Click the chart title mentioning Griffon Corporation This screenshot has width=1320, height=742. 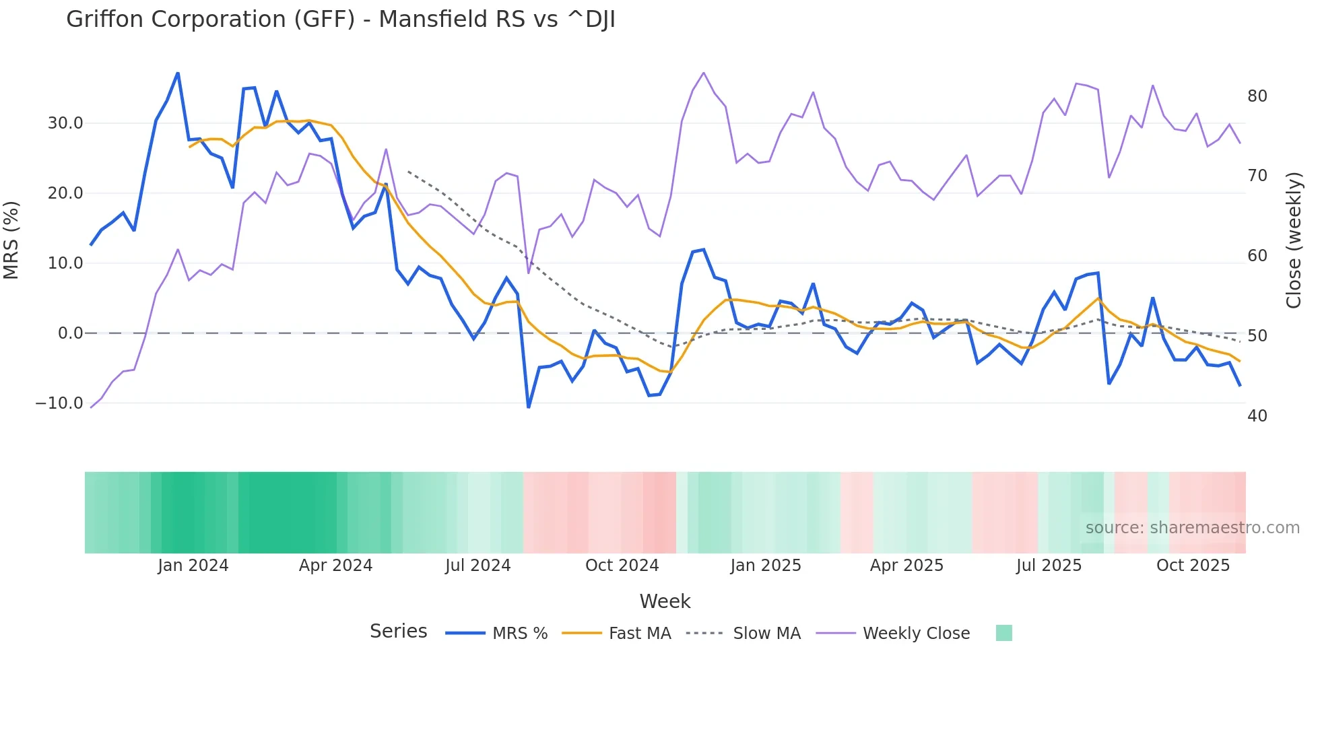pos(340,20)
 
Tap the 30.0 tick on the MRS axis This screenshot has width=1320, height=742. pos(65,123)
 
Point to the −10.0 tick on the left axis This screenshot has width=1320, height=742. pos(59,403)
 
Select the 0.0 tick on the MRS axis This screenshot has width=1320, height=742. pos(71,333)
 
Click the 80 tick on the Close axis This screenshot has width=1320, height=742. pos(1257,96)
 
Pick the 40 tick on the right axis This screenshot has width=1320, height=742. pos(1257,416)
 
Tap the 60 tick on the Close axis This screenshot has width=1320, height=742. pos(1257,256)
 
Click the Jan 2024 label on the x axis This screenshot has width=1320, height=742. pos(193,566)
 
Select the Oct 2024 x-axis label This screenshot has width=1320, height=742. pos(622,566)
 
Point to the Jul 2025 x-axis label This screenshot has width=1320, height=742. pos(1049,566)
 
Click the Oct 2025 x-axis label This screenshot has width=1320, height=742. pos(1193,566)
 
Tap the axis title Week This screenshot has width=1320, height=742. pos(665,601)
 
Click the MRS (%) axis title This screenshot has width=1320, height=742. pos(11,240)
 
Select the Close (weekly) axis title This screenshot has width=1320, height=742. pos(1294,240)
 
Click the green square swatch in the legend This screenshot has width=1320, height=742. pos(1003,633)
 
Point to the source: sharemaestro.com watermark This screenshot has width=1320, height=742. pos(1192,528)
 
